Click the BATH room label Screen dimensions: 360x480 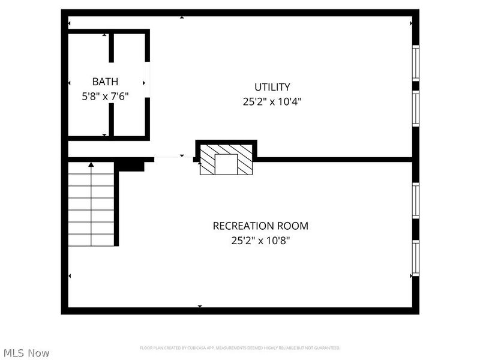coord(105,82)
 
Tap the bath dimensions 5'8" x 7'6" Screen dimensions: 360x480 coord(105,95)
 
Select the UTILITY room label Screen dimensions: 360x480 coord(272,87)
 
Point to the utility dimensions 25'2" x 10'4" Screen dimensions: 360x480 coord(272,101)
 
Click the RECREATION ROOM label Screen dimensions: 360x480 coord(260,226)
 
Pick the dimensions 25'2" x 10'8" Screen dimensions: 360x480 coord(260,241)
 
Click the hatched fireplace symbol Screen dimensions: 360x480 coord(226,159)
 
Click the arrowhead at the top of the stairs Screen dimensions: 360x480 coord(91,164)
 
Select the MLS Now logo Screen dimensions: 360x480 coord(26,353)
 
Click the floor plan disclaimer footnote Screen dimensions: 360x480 coord(240,348)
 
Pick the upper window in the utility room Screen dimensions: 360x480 coord(415,62)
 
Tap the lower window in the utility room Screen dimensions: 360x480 coord(415,109)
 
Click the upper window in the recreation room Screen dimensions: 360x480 coord(415,200)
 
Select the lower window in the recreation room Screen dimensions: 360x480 coord(415,257)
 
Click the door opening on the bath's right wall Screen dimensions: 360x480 coord(148,82)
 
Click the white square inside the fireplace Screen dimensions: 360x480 coord(226,164)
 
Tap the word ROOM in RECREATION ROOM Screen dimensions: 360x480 coord(293,226)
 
